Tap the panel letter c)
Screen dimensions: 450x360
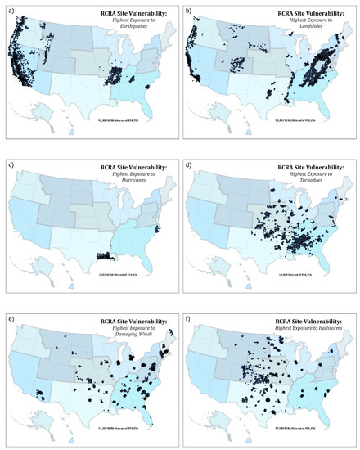7,161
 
